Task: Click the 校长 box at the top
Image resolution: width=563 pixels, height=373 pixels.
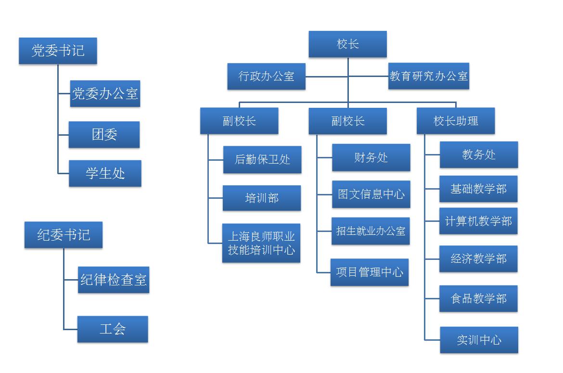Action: (347, 44)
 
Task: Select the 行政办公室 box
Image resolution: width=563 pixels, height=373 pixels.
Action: (266, 76)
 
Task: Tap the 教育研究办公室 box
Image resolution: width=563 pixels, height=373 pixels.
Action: (428, 76)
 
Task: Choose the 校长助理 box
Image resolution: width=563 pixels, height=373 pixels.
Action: (455, 120)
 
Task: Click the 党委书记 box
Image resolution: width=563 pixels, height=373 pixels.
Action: (58, 51)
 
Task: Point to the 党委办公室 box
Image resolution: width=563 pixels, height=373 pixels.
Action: (105, 93)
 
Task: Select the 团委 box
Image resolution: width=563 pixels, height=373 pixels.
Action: (104, 134)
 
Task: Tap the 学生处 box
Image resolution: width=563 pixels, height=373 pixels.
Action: (105, 173)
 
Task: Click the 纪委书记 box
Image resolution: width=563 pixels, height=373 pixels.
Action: (64, 235)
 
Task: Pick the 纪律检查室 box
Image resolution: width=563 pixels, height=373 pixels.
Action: (114, 280)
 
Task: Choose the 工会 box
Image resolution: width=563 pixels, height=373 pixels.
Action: (113, 329)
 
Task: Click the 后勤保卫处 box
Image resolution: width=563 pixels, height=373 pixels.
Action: (262, 159)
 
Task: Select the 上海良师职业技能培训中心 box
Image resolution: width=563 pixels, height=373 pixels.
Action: (261, 243)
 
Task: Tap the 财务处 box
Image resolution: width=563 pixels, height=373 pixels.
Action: (371, 157)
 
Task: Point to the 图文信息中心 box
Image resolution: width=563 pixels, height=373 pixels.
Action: (371, 194)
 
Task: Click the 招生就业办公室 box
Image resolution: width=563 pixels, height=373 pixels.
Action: (371, 231)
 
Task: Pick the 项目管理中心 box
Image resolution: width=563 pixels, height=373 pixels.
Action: (370, 272)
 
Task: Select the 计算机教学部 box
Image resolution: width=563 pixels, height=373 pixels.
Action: (478, 221)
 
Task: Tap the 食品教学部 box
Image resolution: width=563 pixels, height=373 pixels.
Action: (478, 298)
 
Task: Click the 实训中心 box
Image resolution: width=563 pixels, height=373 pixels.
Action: (479, 340)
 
